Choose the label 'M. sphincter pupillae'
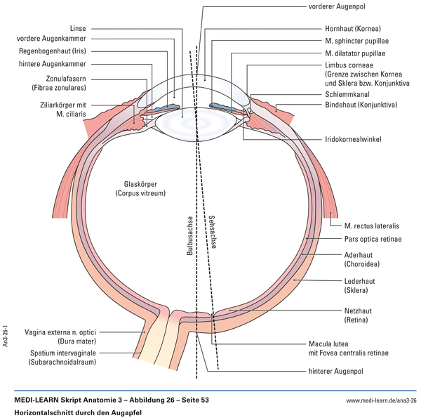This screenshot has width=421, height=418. coord(357,39)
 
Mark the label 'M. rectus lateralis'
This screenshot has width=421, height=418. coord(372,226)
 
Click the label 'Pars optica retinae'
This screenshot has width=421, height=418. coord(373,240)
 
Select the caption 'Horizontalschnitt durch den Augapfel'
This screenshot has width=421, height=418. coord(78,413)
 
